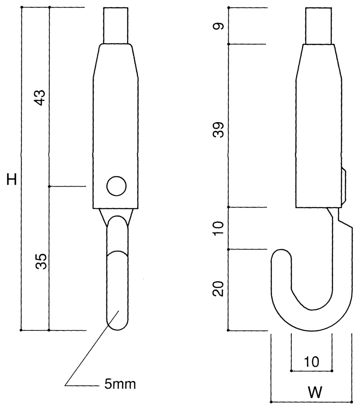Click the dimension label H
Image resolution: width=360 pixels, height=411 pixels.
click(x=12, y=179)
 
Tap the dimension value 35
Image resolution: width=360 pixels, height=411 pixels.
click(x=41, y=261)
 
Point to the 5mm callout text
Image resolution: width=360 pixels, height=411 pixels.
click(x=120, y=385)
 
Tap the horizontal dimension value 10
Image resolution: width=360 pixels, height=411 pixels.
click(x=312, y=362)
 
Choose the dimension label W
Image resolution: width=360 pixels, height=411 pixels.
click(x=315, y=393)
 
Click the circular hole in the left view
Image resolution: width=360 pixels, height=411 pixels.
click(x=116, y=186)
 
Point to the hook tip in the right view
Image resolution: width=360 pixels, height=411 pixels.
click(x=281, y=252)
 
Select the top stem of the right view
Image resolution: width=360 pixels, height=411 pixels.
click(x=318, y=25)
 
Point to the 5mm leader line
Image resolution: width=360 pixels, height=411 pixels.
click(x=90, y=349)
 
